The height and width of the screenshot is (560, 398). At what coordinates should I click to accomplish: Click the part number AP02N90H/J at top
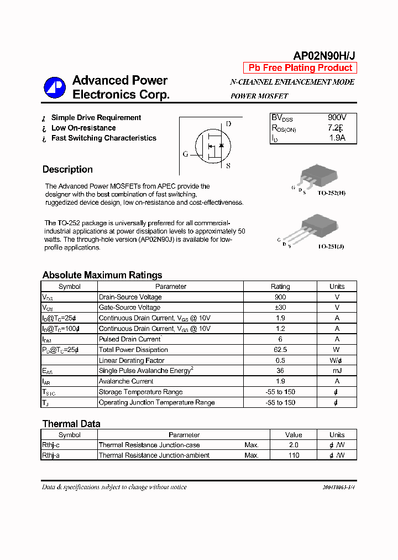point(324,56)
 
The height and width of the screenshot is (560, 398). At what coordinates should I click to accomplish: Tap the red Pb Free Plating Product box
point(300,68)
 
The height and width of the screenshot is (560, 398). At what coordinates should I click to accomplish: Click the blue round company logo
point(55,87)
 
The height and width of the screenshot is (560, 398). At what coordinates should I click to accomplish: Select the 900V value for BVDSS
point(337,118)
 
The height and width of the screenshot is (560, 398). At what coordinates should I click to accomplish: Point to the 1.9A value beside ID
point(337,138)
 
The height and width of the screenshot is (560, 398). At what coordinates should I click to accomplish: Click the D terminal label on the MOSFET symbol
point(228,125)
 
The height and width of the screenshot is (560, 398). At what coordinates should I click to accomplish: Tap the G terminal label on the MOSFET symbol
point(185,154)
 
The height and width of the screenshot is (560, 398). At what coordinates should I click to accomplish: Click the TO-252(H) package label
point(332,193)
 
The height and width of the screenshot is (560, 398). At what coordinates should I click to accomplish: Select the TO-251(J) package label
point(331,246)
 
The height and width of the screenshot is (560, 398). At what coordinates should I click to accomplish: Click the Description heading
point(67,169)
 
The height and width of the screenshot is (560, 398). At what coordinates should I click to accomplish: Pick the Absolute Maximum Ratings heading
point(102,275)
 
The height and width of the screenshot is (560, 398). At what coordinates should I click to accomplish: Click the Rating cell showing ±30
point(280,308)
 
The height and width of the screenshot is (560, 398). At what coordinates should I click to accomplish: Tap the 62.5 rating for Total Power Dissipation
point(280,350)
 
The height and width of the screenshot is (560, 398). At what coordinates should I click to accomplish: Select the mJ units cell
point(337,371)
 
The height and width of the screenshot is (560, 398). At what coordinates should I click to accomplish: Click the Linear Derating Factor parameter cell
point(131,360)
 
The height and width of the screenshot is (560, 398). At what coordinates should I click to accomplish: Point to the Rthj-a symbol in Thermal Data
point(51,455)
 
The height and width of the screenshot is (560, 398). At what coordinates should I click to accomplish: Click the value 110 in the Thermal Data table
point(294,455)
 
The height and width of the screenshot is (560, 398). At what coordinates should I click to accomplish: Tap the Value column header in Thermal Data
point(294,435)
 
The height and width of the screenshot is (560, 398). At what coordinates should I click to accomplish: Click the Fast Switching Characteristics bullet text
point(103,138)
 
